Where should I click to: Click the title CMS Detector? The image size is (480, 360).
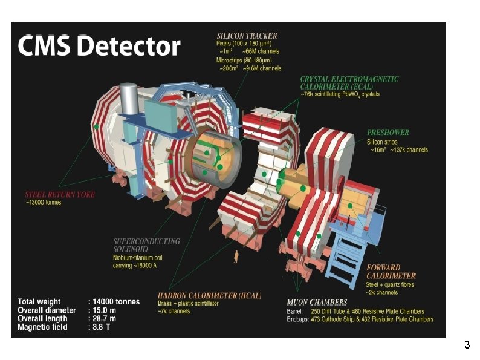100,47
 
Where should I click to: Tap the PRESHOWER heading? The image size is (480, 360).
388,132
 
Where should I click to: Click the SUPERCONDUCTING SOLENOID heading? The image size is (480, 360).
146,245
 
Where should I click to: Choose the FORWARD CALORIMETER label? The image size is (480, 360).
391,272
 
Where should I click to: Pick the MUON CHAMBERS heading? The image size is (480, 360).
317,302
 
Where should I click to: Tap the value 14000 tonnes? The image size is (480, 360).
117,301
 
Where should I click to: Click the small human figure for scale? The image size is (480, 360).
235,258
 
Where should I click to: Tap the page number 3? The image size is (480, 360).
467,345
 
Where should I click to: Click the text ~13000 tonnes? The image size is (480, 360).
43,203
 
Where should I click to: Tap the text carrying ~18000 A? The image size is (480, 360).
138,264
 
